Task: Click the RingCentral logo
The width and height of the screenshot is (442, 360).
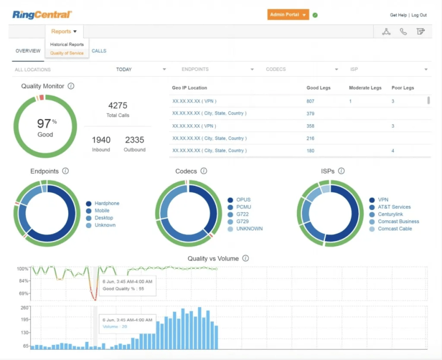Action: [x=42, y=15]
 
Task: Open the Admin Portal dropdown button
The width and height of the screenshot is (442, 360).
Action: [x=288, y=15]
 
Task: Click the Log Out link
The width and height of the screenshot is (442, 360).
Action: [x=419, y=15]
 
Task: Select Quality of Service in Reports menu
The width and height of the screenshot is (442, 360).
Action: [x=67, y=53]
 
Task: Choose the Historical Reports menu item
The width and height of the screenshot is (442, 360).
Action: [x=67, y=45]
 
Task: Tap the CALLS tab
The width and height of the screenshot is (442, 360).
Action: [x=99, y=51]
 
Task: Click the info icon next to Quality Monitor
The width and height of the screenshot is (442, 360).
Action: [x=71, y=86]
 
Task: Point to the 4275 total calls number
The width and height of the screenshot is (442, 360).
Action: [x=118, y=105]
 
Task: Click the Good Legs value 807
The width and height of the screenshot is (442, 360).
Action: [x=310, y=101]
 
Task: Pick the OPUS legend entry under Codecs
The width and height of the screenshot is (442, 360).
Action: [x=243, y=199]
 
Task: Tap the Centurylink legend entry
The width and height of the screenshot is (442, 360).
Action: [x=394, y=214]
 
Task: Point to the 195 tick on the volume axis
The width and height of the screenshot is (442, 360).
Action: [x=24, y=320]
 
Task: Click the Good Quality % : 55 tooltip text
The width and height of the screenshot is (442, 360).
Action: [x=123, y=288]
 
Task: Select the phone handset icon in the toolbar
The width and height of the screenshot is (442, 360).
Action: [x=403, y=32]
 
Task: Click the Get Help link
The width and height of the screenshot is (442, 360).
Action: [x=398, y=15]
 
